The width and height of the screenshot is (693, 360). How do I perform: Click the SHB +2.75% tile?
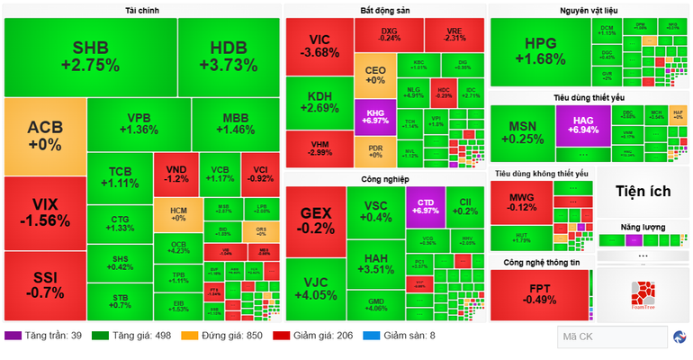click(x=90, y=56)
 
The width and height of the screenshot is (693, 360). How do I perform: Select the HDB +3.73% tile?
click(x=228, y=56)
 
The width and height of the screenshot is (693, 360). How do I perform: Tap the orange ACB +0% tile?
click(x=45, y=135)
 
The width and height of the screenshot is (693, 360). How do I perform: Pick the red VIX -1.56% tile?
click(x=45, y=213)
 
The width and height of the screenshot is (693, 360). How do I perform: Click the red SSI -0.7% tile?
click(x=45, y=285)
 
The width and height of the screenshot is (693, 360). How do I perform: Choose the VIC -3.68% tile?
click(x=319, y=46)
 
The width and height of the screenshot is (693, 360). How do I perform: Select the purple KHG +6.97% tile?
click(x=374, y=116)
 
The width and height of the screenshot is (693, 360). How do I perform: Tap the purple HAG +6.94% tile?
click(x=582, y=125)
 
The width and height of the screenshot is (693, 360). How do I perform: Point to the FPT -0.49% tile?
click(x=541, y=295)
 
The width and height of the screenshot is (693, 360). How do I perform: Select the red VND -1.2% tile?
click(x=175, y=174)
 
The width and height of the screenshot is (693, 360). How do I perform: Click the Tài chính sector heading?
click(x=142, y=10)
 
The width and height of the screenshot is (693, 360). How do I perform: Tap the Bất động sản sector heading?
click(x=385, y=10)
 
